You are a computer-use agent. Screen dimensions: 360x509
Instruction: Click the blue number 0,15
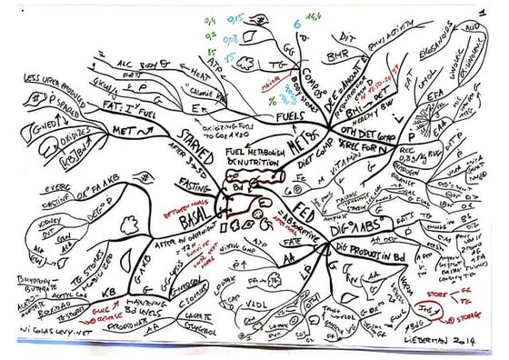[234, 17]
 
